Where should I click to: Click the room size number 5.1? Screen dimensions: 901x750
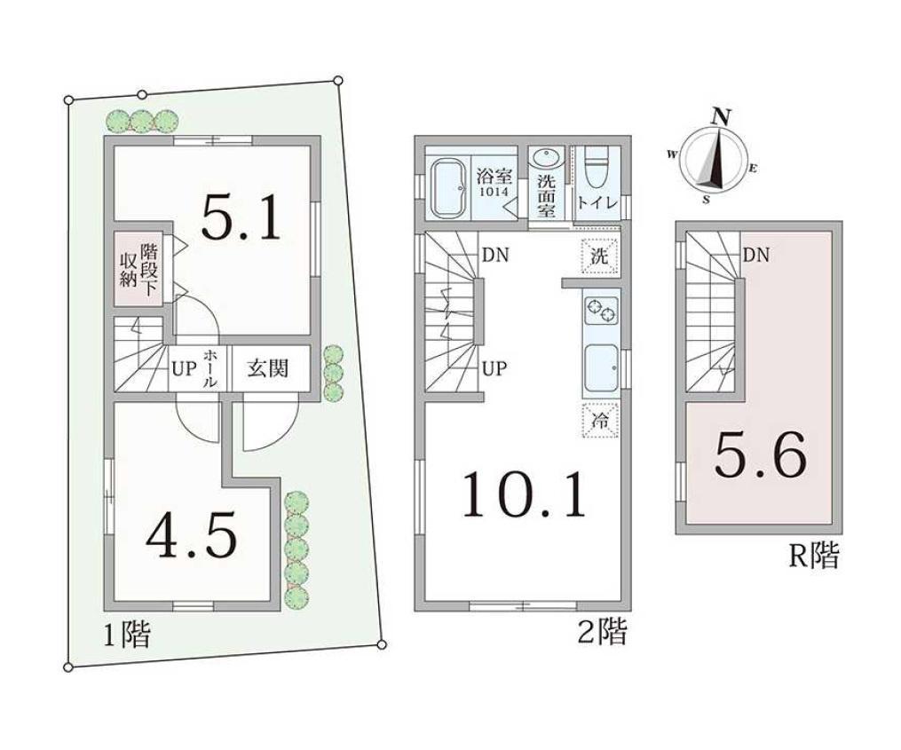tap(241, 217)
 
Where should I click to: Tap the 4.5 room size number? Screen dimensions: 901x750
tap(192, 535)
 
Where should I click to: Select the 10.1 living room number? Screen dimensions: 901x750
tap(525, 493)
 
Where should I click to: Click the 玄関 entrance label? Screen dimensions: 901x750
tap(268, 367)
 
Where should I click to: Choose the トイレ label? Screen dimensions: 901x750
tap(597, 203)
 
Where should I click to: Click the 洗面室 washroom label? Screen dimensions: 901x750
tap(546, 196)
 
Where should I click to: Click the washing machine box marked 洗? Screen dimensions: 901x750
tap(599, 256)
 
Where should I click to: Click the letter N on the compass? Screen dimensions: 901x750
tap(721, 117)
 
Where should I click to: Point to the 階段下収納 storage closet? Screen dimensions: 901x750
tap(138, 268)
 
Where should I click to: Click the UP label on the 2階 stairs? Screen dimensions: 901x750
tap(494, 368)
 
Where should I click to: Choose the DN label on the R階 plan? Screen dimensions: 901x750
tap(756, 255)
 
